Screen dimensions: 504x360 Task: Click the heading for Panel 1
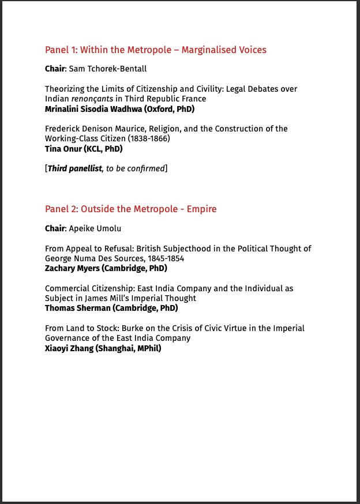click(156, 50)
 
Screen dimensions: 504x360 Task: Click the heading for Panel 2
click(131, 209)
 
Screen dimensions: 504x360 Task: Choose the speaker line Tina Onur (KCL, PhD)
click(84, 148)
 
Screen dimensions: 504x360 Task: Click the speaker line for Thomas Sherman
click(111, 308)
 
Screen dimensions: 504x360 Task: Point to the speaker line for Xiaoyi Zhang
click(103, 348)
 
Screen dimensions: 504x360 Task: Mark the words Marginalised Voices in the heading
click(224, 50)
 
